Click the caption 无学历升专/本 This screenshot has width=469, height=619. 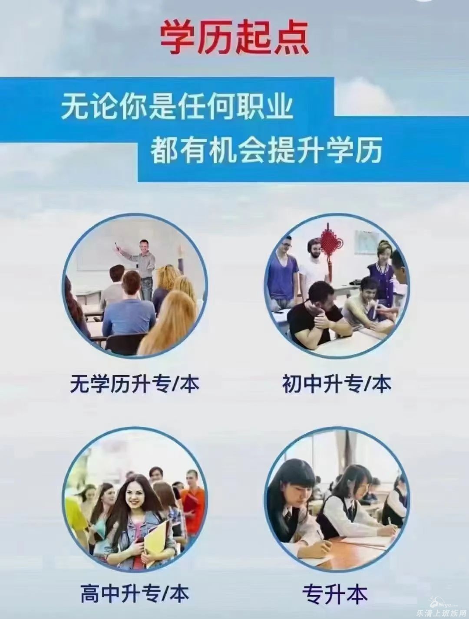pyautogui.click(x=134, y=384)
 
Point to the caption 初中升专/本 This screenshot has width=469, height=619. pyautogui.click(x=337, y=384)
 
